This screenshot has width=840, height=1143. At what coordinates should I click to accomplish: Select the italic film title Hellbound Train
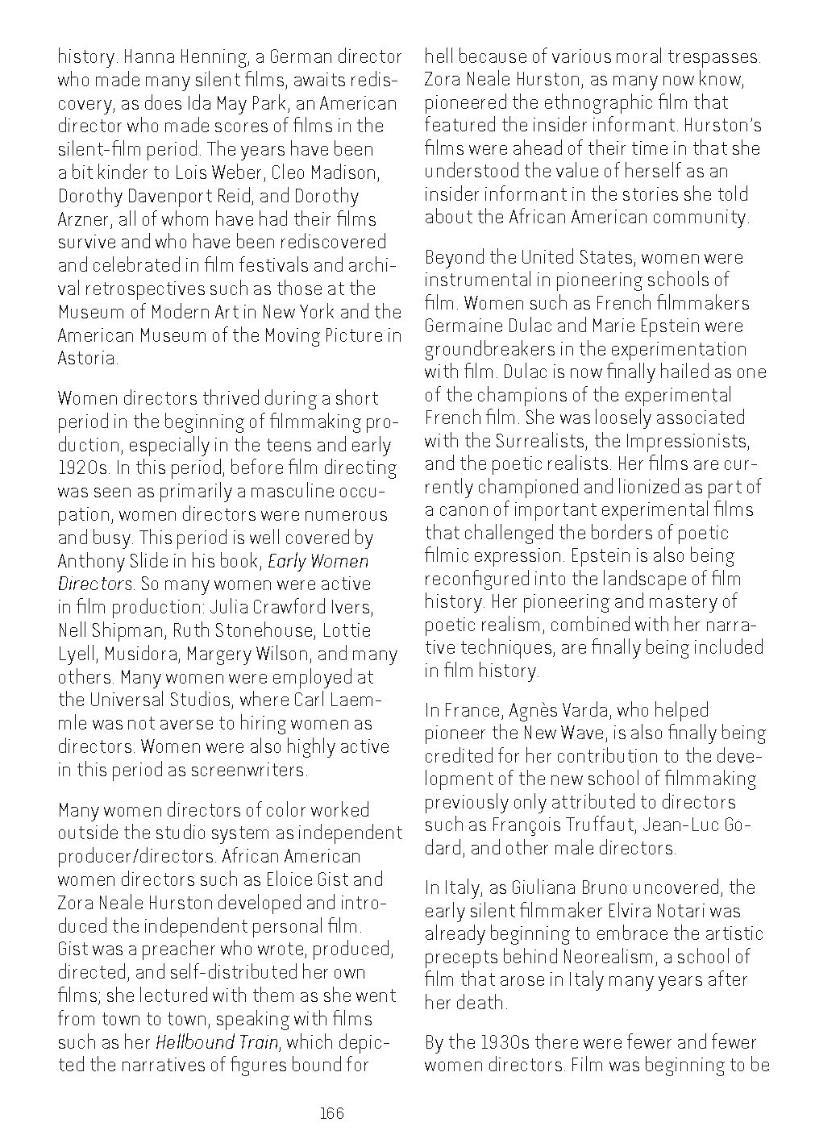point(217,1041)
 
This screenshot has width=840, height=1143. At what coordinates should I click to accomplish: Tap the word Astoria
point(88,358)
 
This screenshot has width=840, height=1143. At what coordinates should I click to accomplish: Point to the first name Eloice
point(285,879)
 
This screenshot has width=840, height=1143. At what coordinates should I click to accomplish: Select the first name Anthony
point(89,560)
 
